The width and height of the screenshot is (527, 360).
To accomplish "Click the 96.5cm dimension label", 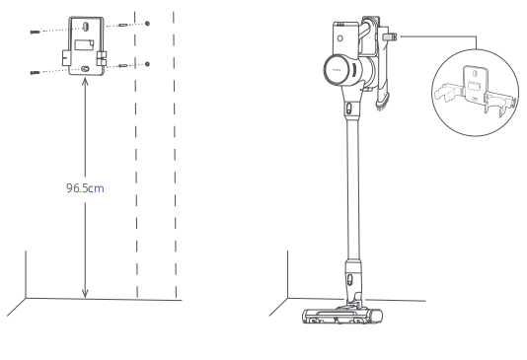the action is [85, 188].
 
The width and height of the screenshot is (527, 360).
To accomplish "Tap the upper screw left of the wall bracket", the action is [35, 33].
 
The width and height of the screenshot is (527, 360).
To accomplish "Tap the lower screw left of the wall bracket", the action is [35, 73].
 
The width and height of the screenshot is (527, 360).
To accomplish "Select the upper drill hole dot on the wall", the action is [147, 24].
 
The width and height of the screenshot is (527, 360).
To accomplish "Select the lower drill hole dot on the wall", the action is [147, 64].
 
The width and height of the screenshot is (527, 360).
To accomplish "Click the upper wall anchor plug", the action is [123, 25].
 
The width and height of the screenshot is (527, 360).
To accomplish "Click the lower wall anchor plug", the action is [123, 65].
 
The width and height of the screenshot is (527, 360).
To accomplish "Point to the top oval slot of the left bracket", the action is [86, 27].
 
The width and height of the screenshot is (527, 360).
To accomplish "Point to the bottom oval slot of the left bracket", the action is [85, 69].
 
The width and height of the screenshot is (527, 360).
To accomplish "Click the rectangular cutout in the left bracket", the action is [84, 45].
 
